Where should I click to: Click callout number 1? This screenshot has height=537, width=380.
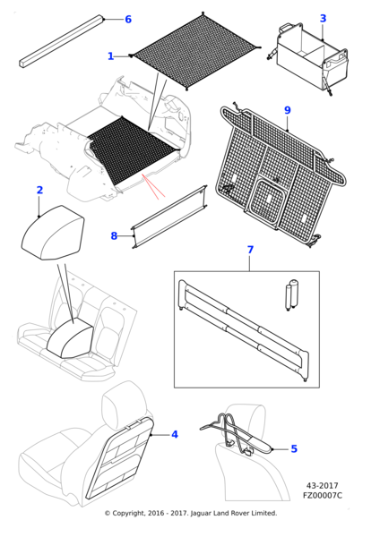pyautogui.click(x=111, y=56)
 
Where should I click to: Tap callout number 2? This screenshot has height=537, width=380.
pyautogui.click(x=39, y=190)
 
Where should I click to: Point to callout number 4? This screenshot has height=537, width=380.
pyautogui.click(x=174, y=434)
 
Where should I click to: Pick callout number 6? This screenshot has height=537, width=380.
pyautogui.click(x=152, y=19)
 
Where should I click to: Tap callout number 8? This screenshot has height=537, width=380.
pyautogui.click(x=114, y=236)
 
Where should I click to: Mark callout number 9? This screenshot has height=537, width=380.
pyautogui.click(x=287, y=110)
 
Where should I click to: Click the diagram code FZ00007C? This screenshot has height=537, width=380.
pyautogui.click(x=322, y=495)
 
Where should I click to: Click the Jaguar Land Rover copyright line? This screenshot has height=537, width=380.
pyautogui.click(x=190, y=513)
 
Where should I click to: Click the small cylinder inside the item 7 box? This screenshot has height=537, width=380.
pyautogui.click(x=291, y=295)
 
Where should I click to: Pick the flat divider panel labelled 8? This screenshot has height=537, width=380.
pyautogui.click(x=170, y=217)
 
